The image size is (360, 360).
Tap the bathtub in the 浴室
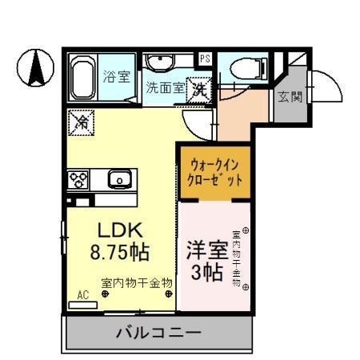pyautogui.click(x=82, y=78)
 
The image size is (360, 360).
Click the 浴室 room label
pyautogui.click(x=117, y=77)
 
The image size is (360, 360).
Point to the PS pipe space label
pyautogui.click(x=205, y=58)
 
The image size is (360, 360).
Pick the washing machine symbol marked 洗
pyautogui.click(x=200, y=90)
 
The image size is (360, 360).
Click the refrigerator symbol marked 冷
pyautogui.click(x=82, y=122)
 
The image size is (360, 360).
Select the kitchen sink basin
pyautogui.click(x=120, y=179)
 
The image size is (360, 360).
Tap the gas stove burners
pyautogui.click(x=79, y=179)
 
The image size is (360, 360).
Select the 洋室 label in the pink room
pyautogui.click(x=206, y=249)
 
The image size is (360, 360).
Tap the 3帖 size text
pyautogui.click(x=206, y=271)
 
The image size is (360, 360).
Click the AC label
pyautogui.click(x=82, y=294)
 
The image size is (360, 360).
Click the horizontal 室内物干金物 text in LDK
pyautogui.click(x=137, y=282)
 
